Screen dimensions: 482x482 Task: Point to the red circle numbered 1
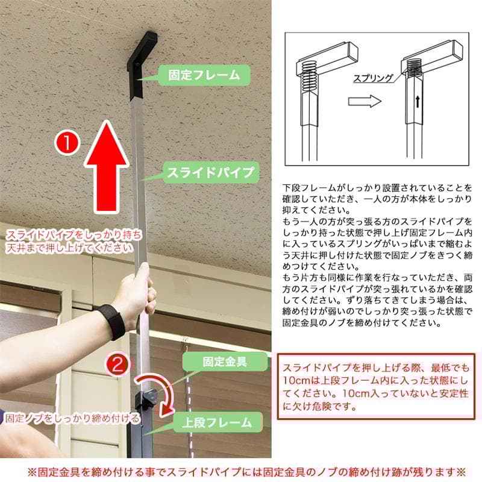pos(67,143)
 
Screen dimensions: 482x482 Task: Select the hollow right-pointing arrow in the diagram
pos(365,101)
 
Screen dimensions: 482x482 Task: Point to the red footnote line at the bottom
pos(241,469)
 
